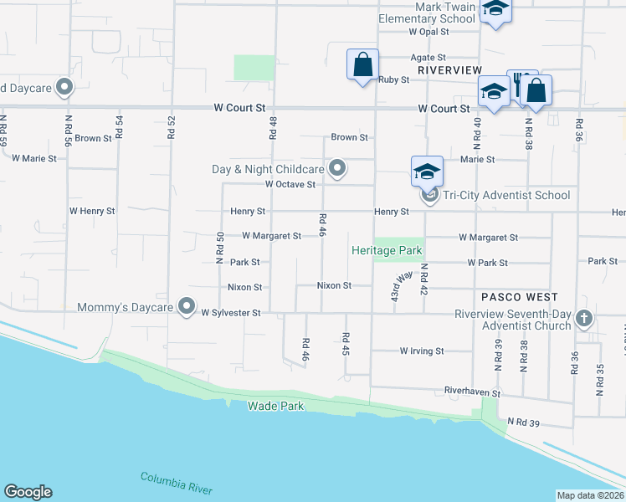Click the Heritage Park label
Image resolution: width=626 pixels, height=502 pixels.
(387, 250)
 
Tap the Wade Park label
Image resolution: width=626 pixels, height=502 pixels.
(275, 406)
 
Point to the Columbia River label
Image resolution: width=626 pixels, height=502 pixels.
(176, 483)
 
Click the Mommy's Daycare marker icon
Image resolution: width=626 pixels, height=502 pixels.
(187, 306)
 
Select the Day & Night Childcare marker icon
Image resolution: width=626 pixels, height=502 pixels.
(337, 169)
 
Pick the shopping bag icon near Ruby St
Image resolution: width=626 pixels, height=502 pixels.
(362, 64)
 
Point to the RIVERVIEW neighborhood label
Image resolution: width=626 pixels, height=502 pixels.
(450, 70)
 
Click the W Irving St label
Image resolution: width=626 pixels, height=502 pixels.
(422, 351)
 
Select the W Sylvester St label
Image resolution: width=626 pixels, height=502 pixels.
(232, 313)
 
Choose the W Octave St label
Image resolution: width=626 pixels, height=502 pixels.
(290, 184)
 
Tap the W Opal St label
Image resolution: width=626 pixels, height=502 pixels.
(429, 31)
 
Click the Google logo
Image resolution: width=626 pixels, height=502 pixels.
(28, 492)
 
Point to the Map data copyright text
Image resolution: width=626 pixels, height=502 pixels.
(590, 495)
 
